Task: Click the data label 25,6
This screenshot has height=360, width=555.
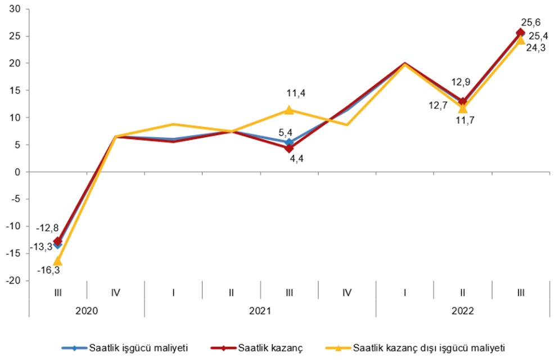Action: point(530,22)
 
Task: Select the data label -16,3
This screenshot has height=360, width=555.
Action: point(49,270)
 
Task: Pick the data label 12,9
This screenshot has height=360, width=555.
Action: point(461,83)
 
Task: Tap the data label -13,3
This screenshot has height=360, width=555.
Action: point(41,246)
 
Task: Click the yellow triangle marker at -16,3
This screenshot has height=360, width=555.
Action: point(57,260)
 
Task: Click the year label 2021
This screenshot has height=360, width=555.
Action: point(260,310)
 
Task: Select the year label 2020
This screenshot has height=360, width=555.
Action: point(86,310)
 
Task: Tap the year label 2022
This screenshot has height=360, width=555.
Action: point(462,310)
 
